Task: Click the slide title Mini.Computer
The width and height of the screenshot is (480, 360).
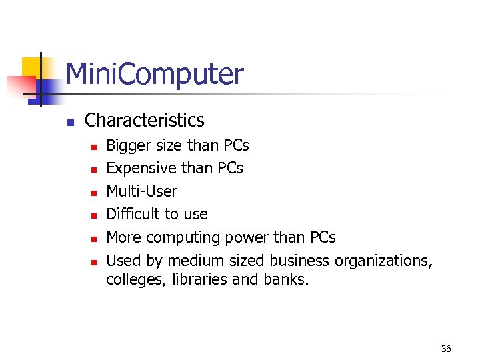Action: click(155, 75)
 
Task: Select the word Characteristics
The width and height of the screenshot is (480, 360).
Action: click(144, 121)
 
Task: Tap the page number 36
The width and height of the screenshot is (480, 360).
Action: click(446, 349)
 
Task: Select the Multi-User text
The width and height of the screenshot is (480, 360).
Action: click(141, 191)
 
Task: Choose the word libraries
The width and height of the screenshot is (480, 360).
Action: click(198, 279)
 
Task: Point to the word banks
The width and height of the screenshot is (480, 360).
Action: click(288, 279)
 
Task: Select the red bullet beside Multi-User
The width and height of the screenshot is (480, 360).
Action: click(93, 193)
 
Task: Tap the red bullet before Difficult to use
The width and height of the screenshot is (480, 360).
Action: click(93, 215)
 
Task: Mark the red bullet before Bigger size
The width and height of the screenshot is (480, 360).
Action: click(93, 147)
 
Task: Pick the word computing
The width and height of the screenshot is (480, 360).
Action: click(182, 238)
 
